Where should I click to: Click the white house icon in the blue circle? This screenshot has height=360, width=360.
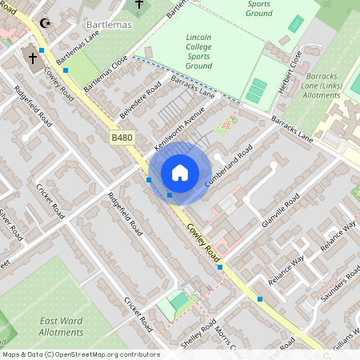point(180,173)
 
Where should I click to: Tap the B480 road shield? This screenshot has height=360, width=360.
point(122,138)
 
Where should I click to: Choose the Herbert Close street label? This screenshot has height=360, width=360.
point(289,72)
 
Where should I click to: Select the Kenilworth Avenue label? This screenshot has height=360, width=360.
point(175,124)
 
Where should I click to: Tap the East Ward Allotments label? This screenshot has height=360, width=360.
point(61,326)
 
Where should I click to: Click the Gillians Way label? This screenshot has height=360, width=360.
point(345,336)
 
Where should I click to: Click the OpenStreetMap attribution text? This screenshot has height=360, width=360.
point(80,354)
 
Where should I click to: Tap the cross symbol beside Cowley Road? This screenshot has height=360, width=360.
point(33,57)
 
